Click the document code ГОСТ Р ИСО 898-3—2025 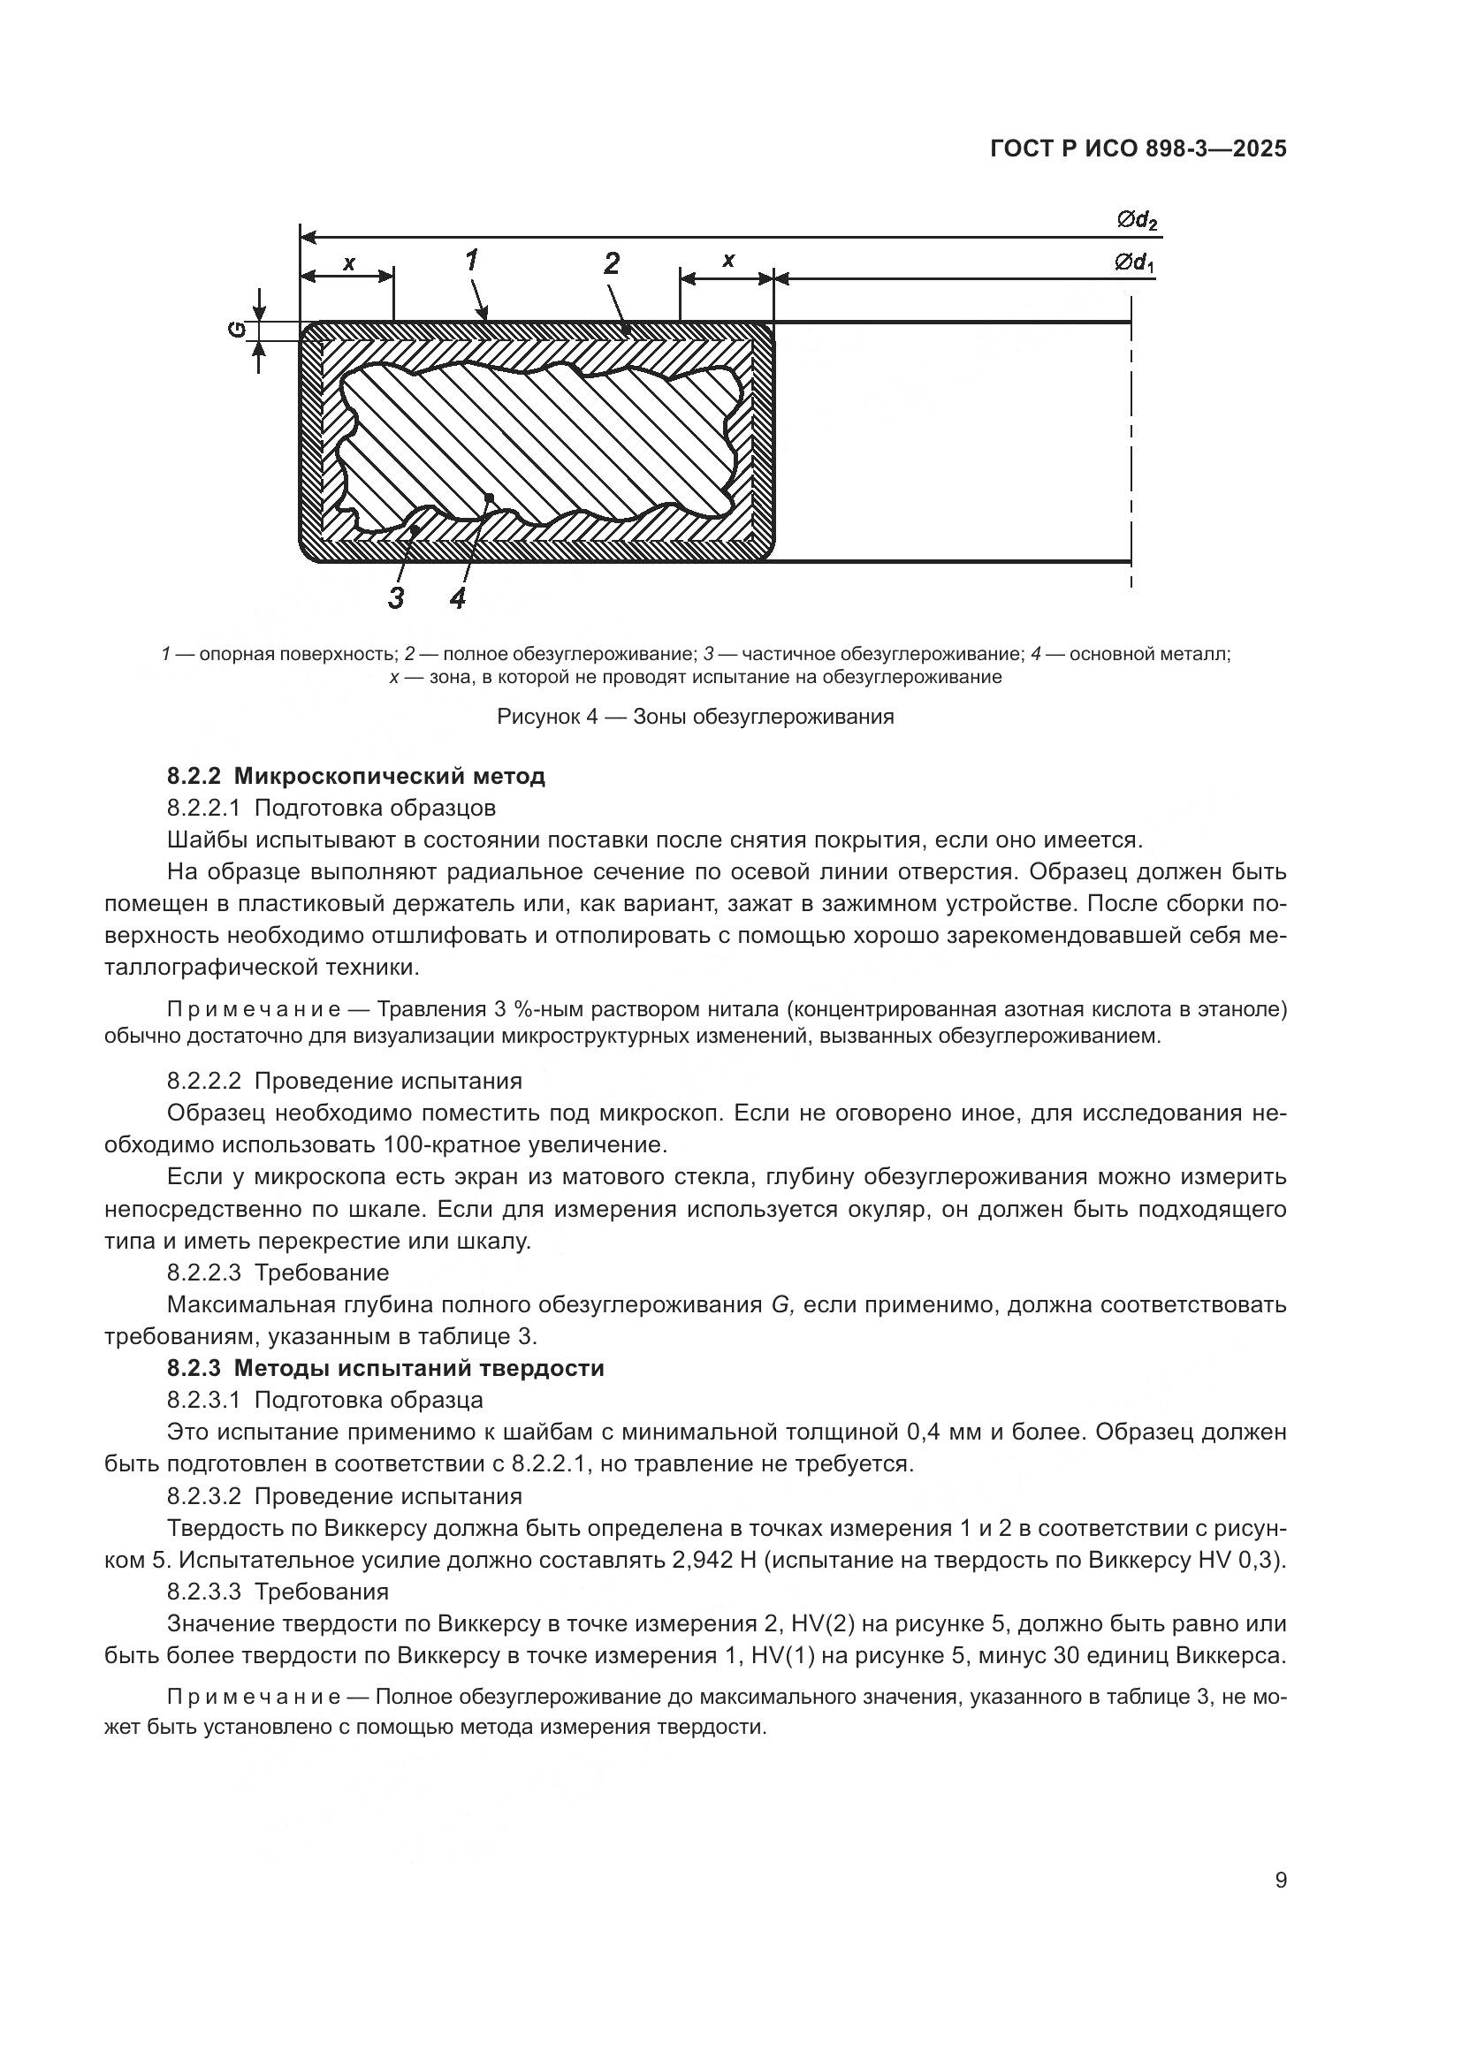(1138, 148)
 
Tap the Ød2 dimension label (1136, 220)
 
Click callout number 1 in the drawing (471, 260)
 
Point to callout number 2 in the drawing (612, 263)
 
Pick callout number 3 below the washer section (395, 597)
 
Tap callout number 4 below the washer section (457, 597)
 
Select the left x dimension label (349, 262)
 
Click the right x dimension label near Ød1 (727, 261)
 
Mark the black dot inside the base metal (489, 497)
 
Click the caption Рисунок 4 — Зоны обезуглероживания (695, 717)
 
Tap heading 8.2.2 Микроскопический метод (355, 775)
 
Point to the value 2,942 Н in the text (713, 1559)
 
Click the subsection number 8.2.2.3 (203, 1272)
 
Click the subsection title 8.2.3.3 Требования (278, 1591)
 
